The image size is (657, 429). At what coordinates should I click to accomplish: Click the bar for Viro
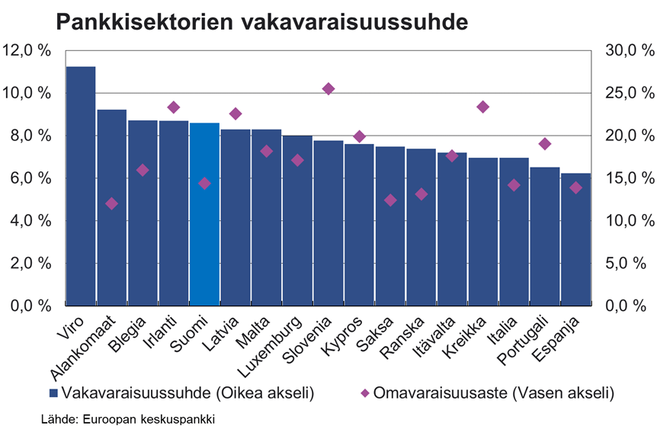pos(81,187)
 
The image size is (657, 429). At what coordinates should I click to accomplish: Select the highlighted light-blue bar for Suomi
pos(204,214)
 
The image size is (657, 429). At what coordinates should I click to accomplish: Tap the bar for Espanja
pos(575,240)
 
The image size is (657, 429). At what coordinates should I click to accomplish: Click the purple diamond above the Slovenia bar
pos(328,89)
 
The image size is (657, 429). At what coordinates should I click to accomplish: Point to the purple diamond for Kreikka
pos(482,107)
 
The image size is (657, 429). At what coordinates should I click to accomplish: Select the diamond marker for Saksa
pos(390,200)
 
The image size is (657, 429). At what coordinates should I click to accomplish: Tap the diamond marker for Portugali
pos(544,144)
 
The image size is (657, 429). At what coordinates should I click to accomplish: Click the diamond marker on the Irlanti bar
pos(174,107)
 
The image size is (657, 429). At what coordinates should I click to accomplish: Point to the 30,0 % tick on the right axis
pos(630,50)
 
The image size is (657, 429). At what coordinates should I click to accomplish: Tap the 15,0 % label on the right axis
pos(630,178)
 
